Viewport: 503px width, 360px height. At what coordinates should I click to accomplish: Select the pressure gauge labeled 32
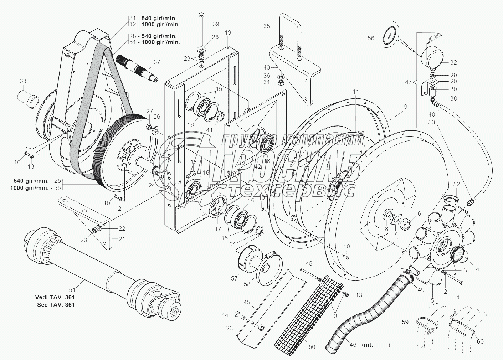click(432, 57)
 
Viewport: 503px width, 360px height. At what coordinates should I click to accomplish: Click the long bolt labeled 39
click(201, 32)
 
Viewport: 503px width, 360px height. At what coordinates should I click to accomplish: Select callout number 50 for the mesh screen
click(312, 347)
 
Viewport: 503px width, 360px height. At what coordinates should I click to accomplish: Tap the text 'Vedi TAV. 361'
click(55, 297)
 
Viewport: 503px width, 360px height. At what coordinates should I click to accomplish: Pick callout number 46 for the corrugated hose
click(353, 345)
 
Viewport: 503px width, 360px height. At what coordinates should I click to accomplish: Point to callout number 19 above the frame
click(228, 32)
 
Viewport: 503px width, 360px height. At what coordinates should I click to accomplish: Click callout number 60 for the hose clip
click(480, 342)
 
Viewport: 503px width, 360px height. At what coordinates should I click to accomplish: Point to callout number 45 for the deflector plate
click(247, 303)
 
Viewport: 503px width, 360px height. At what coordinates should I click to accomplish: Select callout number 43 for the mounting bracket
click(267, 67)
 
